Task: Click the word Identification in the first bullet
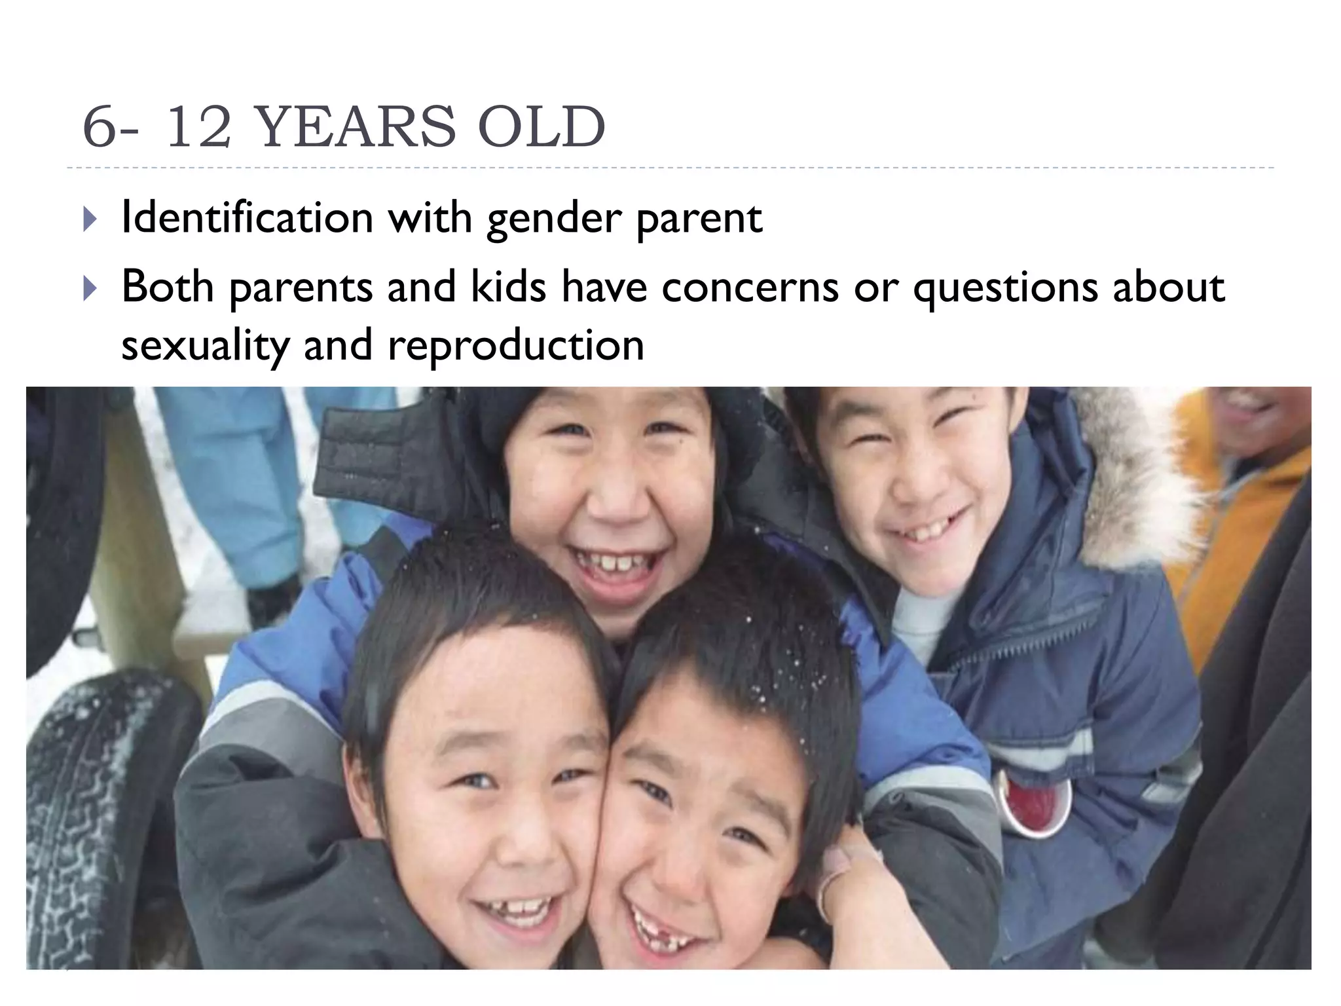pyautogui.click(x=248, y=217)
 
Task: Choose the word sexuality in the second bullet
pyautogui.click(x=205, y=346)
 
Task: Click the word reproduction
pyautogui.click(x=516, y=346)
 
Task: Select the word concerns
pyautogui.click(x=750, y=287)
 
